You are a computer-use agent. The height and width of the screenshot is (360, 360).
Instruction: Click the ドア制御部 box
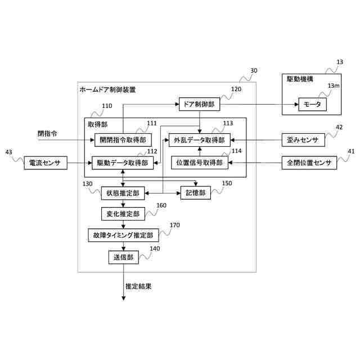pos(200,104)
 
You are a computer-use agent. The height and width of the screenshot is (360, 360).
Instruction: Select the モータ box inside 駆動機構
pos(312,105)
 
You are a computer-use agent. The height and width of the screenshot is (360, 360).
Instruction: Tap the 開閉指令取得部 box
pos(122,140)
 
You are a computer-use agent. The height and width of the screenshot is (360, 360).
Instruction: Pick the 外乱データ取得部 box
pos(200,140)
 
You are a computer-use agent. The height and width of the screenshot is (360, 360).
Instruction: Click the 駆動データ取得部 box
pos(122,163)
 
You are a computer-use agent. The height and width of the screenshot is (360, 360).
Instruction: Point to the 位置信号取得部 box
pos(200,163)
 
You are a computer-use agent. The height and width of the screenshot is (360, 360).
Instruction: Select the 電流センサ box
pos(45,163)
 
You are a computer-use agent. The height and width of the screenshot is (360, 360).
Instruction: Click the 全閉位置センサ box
pos(309,163)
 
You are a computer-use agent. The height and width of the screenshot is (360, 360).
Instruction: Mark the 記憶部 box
pos(195,193)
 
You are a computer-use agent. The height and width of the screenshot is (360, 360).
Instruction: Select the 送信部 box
pos(123,257)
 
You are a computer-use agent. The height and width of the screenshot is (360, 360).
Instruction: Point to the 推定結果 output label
pos(138,286)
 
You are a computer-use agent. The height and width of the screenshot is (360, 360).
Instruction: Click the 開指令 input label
pos(47,134)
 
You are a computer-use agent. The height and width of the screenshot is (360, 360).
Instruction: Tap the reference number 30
pos(254,71)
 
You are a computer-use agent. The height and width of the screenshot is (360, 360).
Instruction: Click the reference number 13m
pos(334,85)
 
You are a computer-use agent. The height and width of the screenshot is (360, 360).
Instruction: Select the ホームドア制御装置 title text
pos(107,90)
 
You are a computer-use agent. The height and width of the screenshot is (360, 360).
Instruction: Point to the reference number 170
pos(174,226)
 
